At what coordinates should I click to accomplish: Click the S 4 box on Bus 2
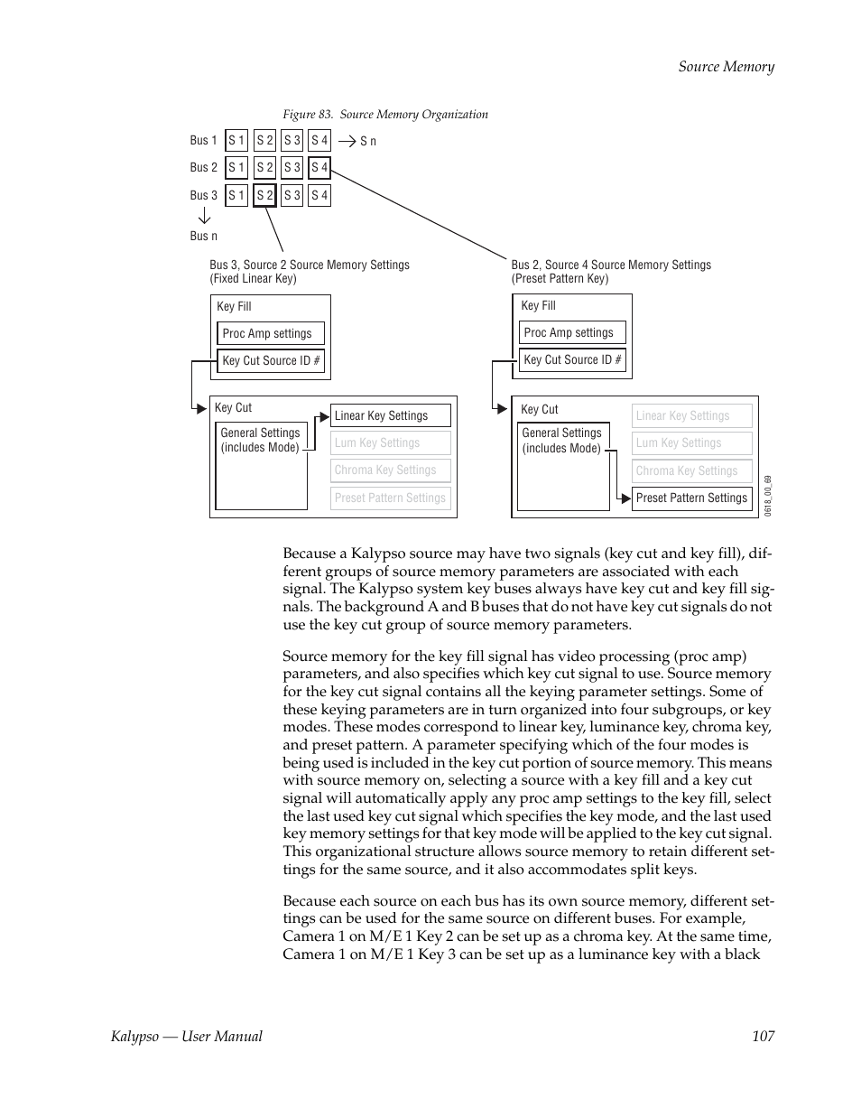point(319,168)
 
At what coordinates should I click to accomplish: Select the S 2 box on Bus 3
point(264,195)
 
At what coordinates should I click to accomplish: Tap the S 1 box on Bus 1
point(236,140)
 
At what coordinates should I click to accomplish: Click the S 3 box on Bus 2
point(292,168)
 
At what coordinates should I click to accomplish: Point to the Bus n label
point(203,236)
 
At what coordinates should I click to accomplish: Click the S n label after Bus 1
point(368,141)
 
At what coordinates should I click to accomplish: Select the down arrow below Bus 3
point(204,216)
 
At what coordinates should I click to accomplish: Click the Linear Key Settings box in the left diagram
point(390,415)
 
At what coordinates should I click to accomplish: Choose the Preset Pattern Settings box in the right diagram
point(691,498)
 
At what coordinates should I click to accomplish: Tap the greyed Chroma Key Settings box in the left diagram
point(390,470)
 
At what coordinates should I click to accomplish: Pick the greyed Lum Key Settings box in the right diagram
point(691,443)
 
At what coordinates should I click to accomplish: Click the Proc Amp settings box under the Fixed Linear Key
point(270,333)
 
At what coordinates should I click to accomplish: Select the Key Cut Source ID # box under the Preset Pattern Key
point(572,359)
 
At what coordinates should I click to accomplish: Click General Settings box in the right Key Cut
point(562,441)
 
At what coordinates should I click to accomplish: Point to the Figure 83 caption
point(385,115)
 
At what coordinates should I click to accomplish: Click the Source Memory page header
point(726,66)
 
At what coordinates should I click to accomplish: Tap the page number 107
point(763,1036)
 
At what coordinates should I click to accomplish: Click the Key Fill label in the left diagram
point(234,307)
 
